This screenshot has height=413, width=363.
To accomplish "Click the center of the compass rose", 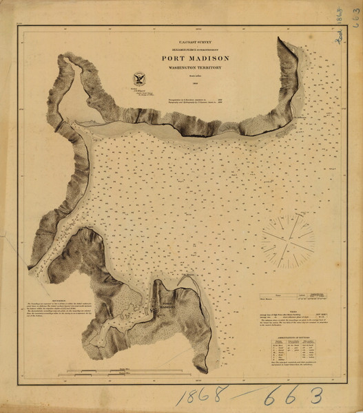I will (287, 240).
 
